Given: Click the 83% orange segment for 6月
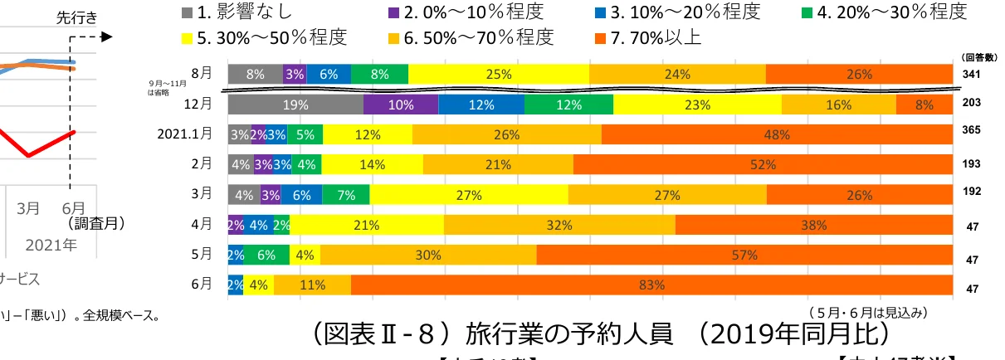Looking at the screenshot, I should [651, 285].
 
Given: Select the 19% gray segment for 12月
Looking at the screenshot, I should [295, 105].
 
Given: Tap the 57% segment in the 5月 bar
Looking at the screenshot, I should [744, 255].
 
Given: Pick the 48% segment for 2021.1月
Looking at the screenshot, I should [777, 134].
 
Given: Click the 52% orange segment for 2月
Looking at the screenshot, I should [763, 164].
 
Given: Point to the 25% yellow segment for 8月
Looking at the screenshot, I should [499, 74].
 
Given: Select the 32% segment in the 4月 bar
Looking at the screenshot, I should [559, 225].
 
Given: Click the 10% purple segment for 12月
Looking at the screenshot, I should [401, 105].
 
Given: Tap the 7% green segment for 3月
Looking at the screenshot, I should [346, 195].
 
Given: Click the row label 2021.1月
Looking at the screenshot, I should [189, 134].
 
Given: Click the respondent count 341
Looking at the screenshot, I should [972, 75].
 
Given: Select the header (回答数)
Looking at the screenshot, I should [979, 57].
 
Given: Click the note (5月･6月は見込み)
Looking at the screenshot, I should [866, 312].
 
